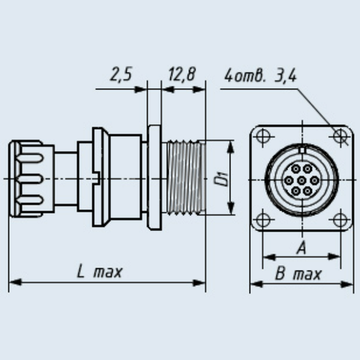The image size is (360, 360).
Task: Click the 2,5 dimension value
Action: [121, 74]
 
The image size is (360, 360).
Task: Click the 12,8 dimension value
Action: [181, 74]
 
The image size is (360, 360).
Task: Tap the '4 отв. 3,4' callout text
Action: [260, 76]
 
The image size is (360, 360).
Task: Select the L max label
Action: [100, 271]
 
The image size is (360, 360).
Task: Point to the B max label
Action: [298, 274]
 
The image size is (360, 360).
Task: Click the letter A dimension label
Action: [301, 248]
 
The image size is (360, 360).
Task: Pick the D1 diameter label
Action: [222, 178]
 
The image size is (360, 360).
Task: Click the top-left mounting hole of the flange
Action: [263, 136]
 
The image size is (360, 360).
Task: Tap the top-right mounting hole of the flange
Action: [340, 136]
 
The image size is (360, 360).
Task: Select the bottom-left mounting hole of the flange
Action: [262, 220]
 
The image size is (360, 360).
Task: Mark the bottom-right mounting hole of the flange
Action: [340, 220]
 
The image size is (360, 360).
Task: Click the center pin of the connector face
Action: [302, 180]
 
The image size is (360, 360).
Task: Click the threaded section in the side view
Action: [184, 178]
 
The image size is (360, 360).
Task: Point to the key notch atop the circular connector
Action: [302, 150]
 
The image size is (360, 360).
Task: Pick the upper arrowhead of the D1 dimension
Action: [231, 147]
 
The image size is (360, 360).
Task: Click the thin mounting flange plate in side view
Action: [154, 178]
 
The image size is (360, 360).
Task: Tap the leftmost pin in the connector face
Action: [289, 180]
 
